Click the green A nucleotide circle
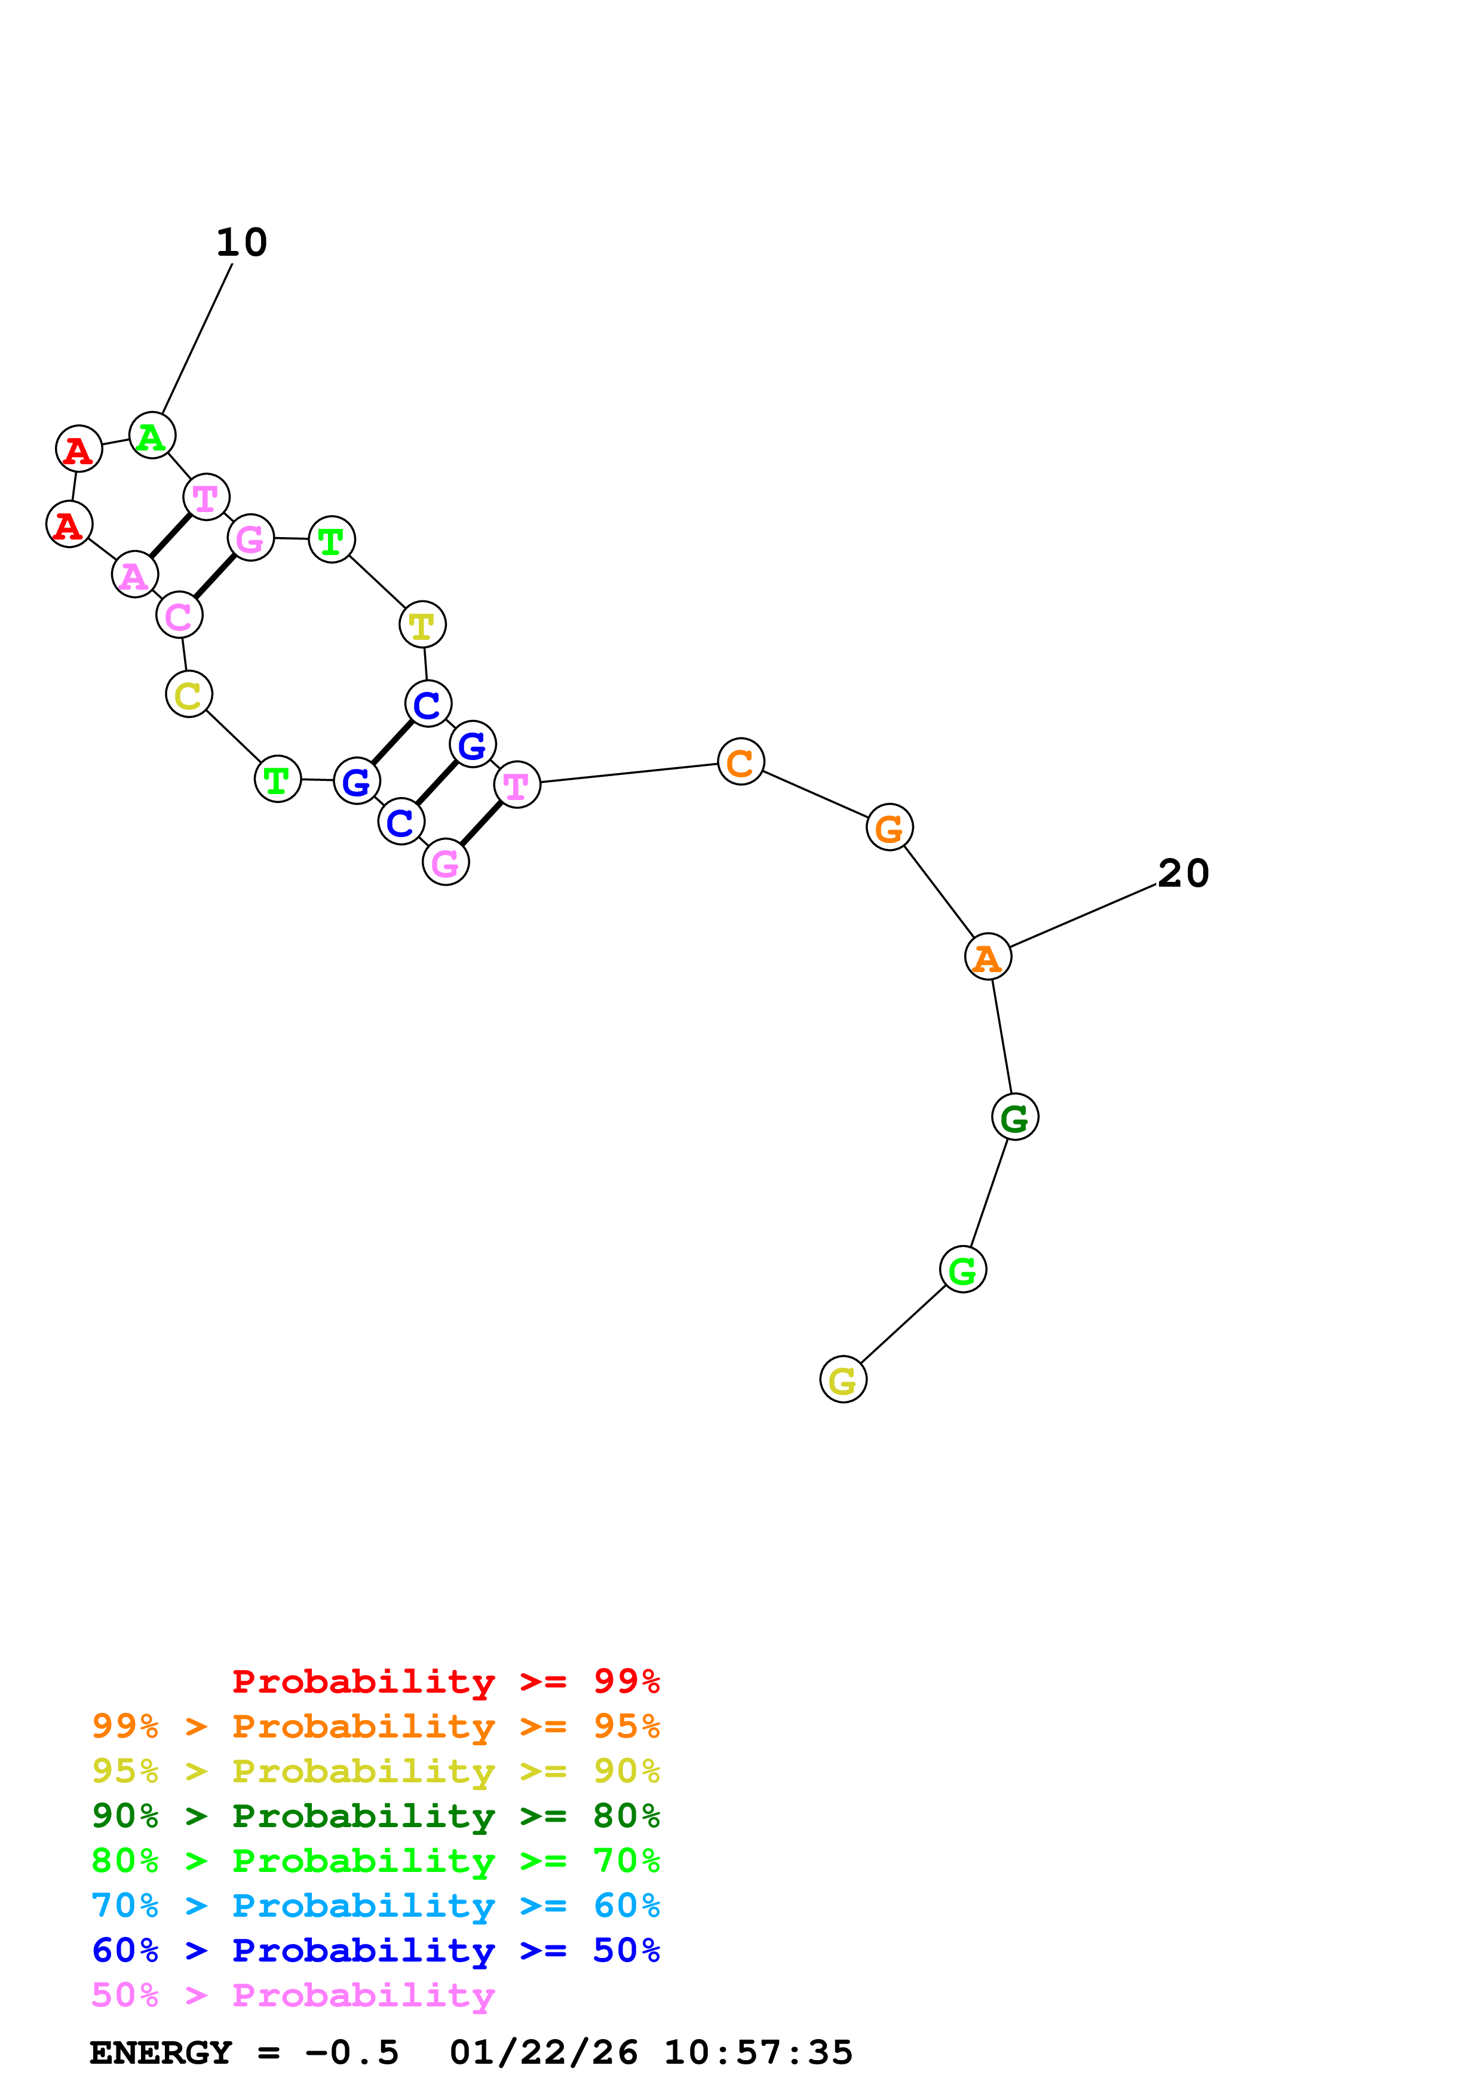pos(152,436)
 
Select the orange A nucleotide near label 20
pos(988,957)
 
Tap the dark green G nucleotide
pos(1014,1117)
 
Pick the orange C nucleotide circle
pos(740,761)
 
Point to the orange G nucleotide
pos(889,827)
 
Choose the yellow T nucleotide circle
pos(422,626)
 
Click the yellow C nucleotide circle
pos(189,695)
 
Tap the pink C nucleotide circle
pos(179,616)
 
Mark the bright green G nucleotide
pos(962,1269)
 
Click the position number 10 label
pos(242,243)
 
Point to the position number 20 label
pos(1183,874)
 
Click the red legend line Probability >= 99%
pos(445,1681)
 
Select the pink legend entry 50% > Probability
pos(293,1996)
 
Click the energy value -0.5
pos(351,2053)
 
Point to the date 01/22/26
pos(543,2053)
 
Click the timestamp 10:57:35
pos(758,2053)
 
